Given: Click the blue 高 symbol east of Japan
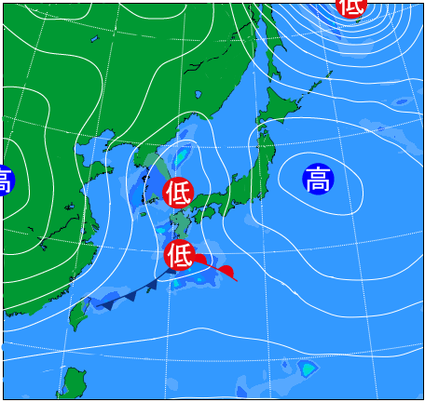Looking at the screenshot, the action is [x=319, y=178].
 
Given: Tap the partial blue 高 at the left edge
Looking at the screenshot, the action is [x=5, y=180].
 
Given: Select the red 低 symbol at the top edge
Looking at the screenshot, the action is [x=351, y=6].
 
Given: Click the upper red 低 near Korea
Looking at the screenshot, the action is [x=178, y=193].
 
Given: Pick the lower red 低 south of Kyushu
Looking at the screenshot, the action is [x=180, y=254].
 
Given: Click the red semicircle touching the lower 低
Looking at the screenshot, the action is [x=200, y=265].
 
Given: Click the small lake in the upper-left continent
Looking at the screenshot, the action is [x=94, y=40].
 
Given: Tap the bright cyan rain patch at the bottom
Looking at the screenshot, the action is [x=307, y=370].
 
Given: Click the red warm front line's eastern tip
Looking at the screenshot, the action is [x=237, y=279].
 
